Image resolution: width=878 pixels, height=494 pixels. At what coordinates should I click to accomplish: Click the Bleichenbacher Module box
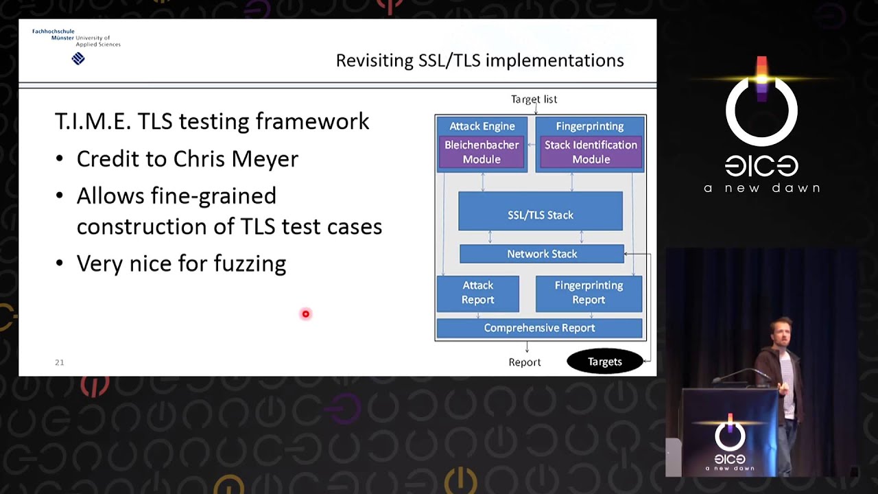[x=482, y=152]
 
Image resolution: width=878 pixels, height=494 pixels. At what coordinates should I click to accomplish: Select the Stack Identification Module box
[x=591, y=152]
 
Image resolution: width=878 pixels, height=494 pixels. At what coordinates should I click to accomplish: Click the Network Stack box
[x=542, y=254]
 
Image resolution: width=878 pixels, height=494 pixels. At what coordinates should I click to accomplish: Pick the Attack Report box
[x=477, y=293]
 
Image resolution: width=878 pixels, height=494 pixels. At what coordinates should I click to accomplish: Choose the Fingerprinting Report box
[x=589, y=293]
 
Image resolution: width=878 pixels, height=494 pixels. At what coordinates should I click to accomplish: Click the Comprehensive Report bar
[x=539, y=328]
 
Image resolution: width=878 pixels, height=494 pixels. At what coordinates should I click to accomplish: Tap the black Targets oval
[x=604, y=362]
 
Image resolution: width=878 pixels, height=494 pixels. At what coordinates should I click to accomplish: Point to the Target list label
[x=534, y=99]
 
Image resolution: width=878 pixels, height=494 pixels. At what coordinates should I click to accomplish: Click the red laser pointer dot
[x=306, y=314]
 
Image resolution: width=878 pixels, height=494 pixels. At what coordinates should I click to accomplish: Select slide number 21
[x=60, y=362]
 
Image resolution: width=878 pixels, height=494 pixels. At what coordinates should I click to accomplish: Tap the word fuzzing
[x=250, y=264]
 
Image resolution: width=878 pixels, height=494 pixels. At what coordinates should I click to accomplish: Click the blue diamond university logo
[x=78, y=59]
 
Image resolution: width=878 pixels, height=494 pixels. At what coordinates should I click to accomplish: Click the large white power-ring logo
[x=761, y=110]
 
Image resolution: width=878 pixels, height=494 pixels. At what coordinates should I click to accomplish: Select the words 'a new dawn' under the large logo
[x=761, y=188]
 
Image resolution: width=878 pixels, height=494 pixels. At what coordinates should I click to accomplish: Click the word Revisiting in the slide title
[x=374, y=61]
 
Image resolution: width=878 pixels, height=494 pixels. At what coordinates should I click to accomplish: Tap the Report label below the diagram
[x=525, y=362]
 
